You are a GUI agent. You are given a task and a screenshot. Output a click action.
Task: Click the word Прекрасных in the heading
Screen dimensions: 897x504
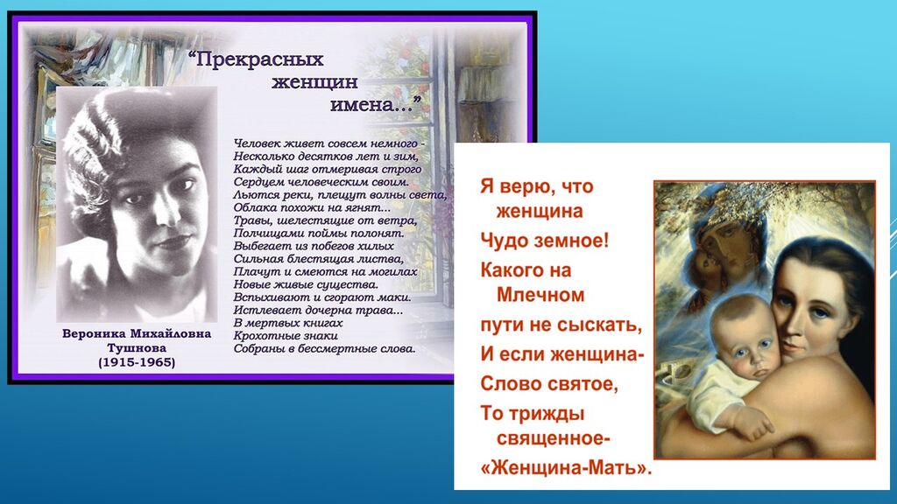[x=259, y=59]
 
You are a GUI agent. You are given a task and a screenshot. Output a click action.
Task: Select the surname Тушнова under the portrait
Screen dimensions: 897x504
[x=137, y=348]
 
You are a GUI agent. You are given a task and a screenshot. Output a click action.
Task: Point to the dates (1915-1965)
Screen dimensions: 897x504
[x=137, y=362]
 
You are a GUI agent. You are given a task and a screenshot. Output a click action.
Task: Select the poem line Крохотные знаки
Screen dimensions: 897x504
[x=286, y=336]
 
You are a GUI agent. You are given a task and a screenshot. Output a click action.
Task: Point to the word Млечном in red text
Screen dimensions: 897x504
[x=540, y=295]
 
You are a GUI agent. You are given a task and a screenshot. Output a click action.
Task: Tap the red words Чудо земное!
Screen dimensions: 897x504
[x=545, y=241]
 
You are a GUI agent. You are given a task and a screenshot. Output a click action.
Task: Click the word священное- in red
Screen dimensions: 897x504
[x=554, y=439]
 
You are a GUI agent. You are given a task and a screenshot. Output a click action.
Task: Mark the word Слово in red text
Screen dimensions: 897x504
[x=509, y=383]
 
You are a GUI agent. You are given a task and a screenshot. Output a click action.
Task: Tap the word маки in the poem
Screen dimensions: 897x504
[x=399, y=297]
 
